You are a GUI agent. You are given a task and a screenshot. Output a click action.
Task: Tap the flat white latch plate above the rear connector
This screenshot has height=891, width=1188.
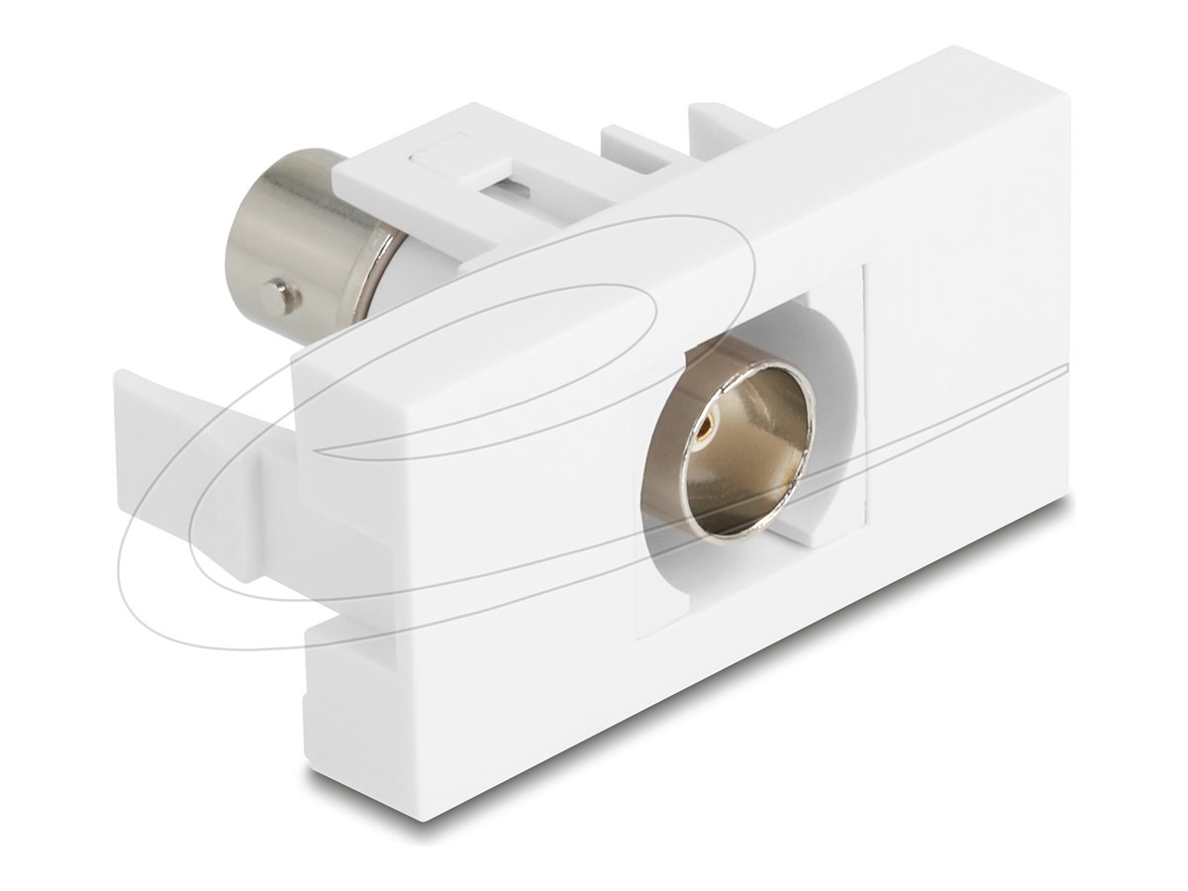[445, 168]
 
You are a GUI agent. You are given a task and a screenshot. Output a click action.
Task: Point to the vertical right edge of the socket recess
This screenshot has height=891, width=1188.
[866, 396]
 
